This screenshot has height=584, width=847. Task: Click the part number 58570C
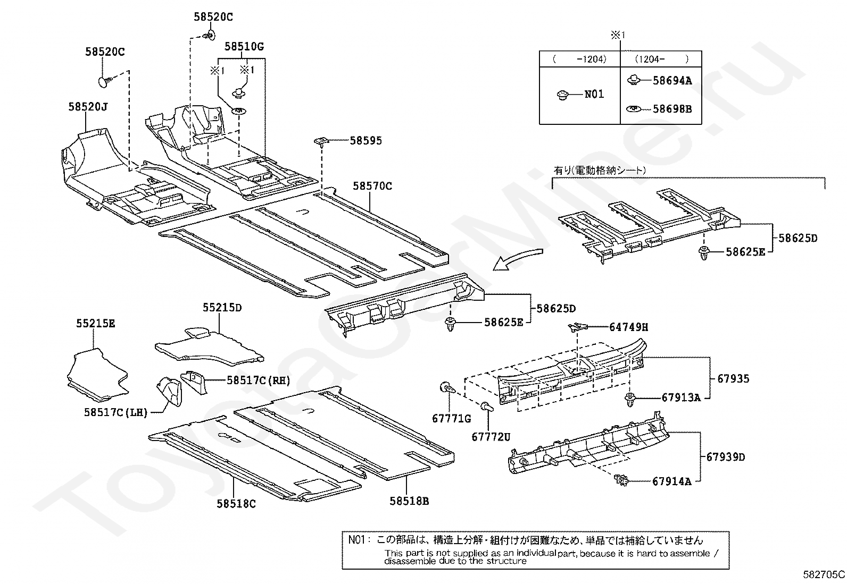pyautogui.click(x=372, y=186)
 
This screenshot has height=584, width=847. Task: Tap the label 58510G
pyautogui.click(x=244, y=47)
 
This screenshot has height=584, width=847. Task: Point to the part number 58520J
pyautogui.click(x=88, y=107)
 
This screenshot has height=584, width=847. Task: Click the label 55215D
pyautogui.click(x=222, y=308)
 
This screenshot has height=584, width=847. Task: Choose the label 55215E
pyautogui.click(x=95, y=323)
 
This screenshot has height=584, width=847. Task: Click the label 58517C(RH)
pyautogui.click(x=258, y=380)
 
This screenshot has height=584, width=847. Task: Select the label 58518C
pyautogui.click(x=236, y=503)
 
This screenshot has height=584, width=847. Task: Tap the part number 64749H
pyautogui.click(x=628, y=327)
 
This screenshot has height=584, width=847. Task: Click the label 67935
pyautogui.click(x=733, y=378)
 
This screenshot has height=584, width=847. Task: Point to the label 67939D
pyautogui.click(x=726, y=456)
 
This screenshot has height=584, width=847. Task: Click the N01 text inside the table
pyautogui.click(x=594, y=94)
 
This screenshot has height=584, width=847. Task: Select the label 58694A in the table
pyautogui.click(x=672, y=81)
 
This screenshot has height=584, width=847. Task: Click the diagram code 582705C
pyautogui.click(x=824, y=574)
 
